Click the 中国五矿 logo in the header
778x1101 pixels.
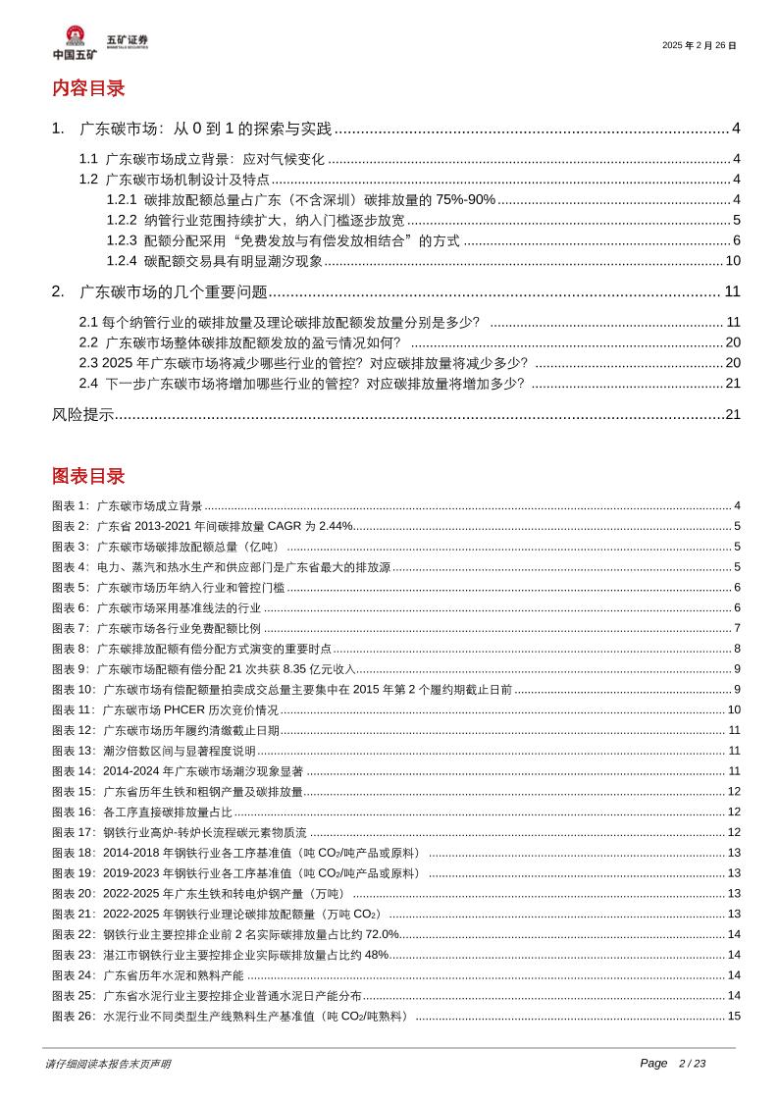pos(75,44)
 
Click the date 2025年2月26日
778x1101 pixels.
pos(699,45)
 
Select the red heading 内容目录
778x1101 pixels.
pos(88,88)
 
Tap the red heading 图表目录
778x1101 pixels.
pos(88,477)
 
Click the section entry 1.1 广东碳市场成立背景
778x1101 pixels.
pos(201,159)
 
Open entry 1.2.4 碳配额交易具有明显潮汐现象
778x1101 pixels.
pos(215,260)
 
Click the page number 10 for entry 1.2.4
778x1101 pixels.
pos(732,260)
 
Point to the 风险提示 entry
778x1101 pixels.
pos(82,414)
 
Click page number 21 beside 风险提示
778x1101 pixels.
pos(732,414)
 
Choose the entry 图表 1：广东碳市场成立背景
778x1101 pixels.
pos(128,506)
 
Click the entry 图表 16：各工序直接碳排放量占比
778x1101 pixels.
pos(142,812)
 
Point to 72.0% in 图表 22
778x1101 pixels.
pos(382,934)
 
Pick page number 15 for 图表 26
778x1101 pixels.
pos(733,1016)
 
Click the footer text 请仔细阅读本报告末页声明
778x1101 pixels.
pos(108,1064)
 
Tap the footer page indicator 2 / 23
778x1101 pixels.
pos(692,1064)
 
